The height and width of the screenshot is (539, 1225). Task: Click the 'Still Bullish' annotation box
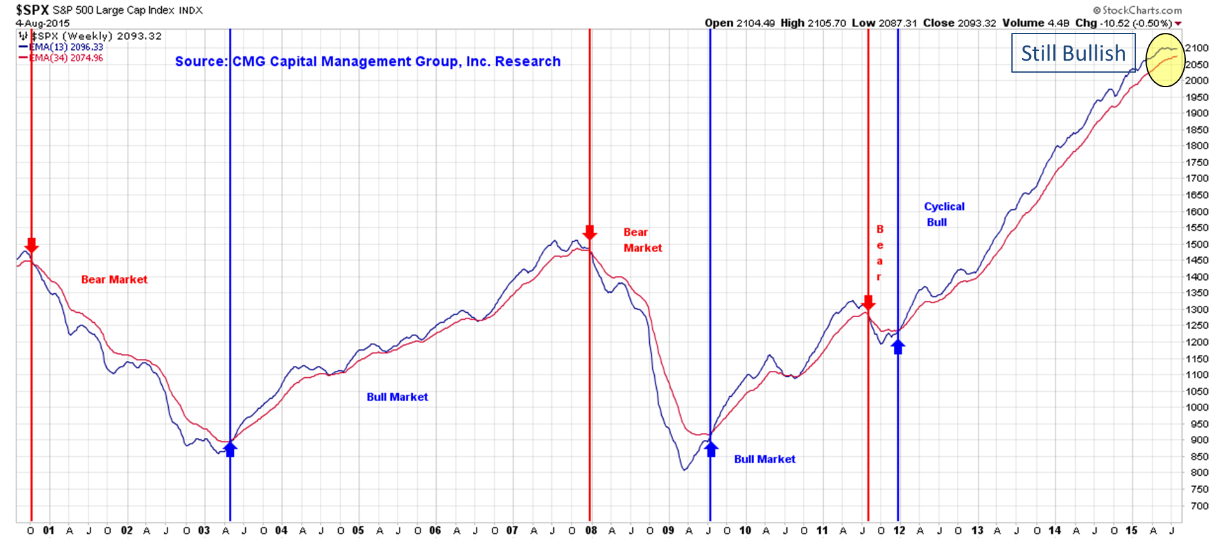(x=1073, y=53)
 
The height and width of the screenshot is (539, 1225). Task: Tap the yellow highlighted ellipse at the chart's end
(x=1165, y=60)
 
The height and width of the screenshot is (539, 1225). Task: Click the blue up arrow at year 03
(x=230, y=449)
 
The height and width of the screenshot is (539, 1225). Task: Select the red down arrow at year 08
(x=590, y=233)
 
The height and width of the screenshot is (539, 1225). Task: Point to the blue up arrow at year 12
(x=898, y=346)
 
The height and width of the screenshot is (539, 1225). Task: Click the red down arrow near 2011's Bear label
(x=868, y=303)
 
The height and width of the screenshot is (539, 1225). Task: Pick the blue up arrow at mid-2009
(x=711, y=449)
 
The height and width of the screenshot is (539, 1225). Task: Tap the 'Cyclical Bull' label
(x=944, y=214)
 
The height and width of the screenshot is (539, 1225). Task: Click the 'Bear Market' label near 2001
(x=114, y=279)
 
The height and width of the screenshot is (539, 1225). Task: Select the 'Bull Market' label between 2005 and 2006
(x=397, y=397)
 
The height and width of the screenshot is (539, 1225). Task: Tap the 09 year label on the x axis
(x=667, y=531)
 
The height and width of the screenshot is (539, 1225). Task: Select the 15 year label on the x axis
(x=1131, y=531)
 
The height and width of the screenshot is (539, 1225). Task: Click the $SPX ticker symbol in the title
(x=32, y=9)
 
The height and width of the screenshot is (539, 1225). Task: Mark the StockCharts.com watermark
(x=1137, y=10)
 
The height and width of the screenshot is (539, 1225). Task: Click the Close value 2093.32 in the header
(x=977, y=23)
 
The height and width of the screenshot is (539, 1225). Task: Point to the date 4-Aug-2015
(x=42, y=23)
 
